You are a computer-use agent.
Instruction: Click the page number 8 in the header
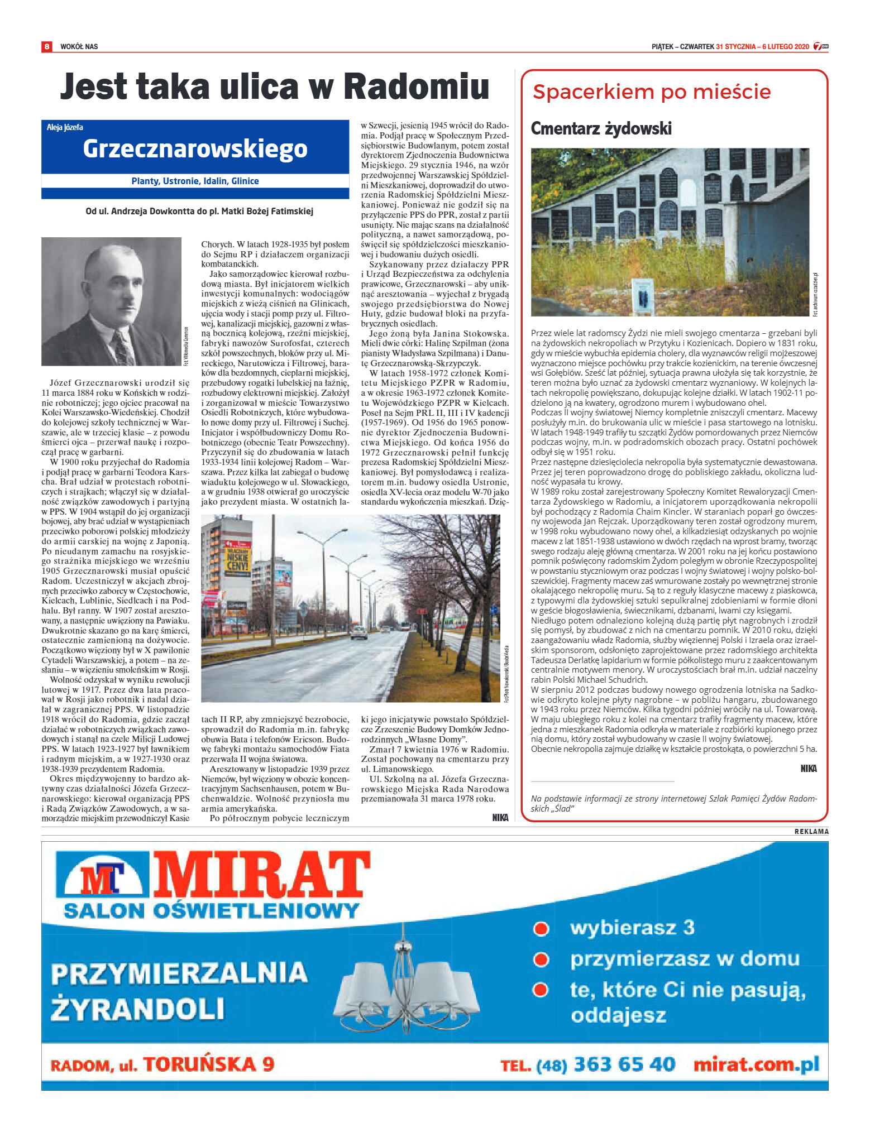tap(47, 46)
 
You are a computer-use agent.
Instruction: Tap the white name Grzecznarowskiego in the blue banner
tap(195, 148)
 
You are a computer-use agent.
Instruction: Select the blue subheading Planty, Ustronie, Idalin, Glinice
tap(195, 181)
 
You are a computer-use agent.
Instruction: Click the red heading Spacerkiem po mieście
tap(651, 92)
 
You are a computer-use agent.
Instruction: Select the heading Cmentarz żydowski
tap(601, 128)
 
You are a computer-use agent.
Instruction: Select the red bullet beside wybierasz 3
tap(541, 928)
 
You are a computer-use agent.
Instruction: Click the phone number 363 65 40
tap(624, 1064)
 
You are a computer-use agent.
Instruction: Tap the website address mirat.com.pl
tap(756, 1064)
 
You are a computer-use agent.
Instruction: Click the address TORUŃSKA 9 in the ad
tap(209, 1064)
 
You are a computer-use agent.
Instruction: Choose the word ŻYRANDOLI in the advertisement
tap(137, 1009)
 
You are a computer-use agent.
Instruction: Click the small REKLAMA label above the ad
tap(811, 831)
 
